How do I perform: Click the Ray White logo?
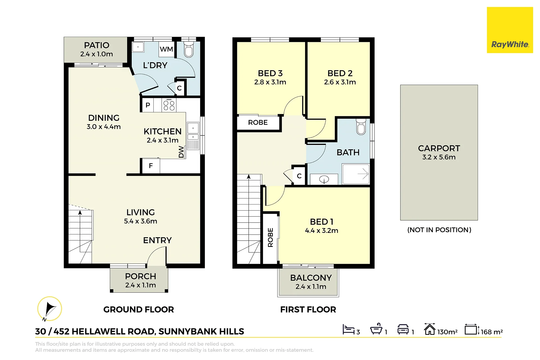510,30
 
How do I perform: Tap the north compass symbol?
50,309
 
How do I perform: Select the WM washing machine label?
166,49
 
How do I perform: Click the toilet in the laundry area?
189,50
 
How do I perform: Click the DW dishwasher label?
181,152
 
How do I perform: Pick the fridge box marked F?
151,166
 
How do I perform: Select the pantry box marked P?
148,105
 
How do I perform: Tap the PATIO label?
97,45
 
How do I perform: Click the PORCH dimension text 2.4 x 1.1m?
140,285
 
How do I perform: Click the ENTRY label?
157,240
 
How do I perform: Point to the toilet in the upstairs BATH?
361,127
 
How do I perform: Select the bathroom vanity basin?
324,179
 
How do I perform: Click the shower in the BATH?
356,174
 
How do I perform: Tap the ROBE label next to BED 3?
258,122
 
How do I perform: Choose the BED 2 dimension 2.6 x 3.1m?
340,82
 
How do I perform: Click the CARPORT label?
439,148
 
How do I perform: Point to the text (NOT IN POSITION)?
439,230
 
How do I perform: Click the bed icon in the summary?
348,329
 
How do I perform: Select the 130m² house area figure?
447,332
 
